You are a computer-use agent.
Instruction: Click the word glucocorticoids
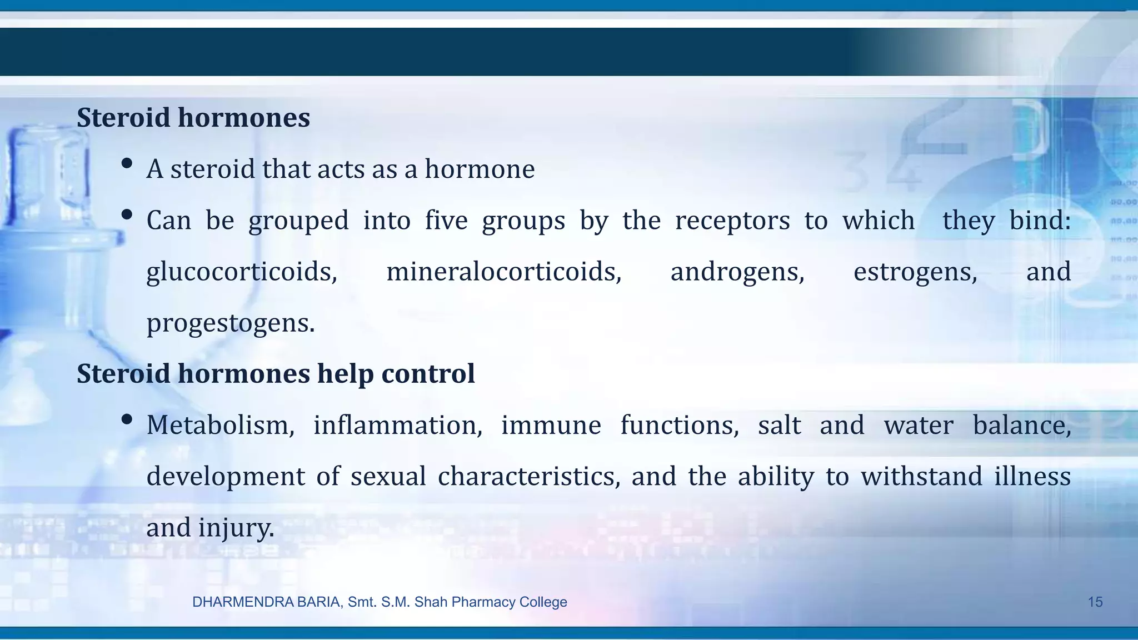click(242, 272)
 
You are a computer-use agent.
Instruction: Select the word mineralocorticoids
click(503, 272)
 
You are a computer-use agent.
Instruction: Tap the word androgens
click(737, 272)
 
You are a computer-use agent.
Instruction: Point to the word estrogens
click(915, 272)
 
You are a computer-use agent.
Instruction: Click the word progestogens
click(230, 323)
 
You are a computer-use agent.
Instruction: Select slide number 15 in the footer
click(1095, 602)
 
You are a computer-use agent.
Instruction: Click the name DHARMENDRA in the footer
click(238, 602)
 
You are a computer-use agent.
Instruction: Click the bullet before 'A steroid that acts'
click(127, 163)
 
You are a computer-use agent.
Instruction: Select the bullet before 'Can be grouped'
click(127, 214)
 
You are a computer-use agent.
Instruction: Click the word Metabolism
click(220, 426)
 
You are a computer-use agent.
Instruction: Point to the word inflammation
click(398, 426)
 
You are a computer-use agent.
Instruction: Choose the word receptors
click(732, 221)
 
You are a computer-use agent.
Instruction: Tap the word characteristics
click(528, 477)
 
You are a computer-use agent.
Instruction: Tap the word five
click(446, 221)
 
